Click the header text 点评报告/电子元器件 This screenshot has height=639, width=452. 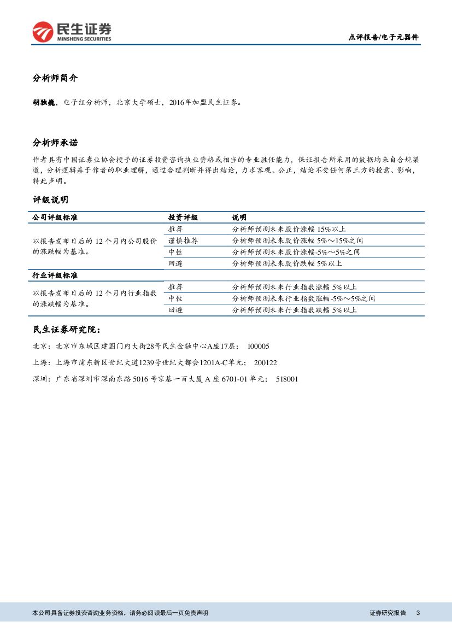click(x=383, y=38)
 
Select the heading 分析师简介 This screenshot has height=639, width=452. click(x=55, y=78)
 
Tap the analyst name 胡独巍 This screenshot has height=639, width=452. click(x=44, y=102)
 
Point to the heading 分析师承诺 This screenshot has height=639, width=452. click(x=55, y=143)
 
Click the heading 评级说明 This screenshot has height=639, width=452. click(x=51, y=200)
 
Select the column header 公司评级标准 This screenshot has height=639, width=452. click(x=55, y=218)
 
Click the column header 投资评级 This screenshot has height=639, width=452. click(x=183, y=218)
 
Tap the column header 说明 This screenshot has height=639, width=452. click(x=239, y=218)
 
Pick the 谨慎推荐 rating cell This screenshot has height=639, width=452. click(x=183, y=241)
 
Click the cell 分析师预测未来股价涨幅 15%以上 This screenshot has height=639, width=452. click(x=289, y=229)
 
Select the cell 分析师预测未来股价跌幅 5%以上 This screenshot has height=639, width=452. click(x=287, y=263)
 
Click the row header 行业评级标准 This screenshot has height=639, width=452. click(x=55, y=275)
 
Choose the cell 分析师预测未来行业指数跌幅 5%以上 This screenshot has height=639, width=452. click(x=294, y=310)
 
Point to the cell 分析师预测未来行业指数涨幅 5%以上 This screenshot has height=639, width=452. click(x=294, y=287)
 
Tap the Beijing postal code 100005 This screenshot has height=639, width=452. click(x=259, y=347)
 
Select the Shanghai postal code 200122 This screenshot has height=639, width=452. click(x=266, y=362)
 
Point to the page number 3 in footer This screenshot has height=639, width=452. click(x=418, y=613)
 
